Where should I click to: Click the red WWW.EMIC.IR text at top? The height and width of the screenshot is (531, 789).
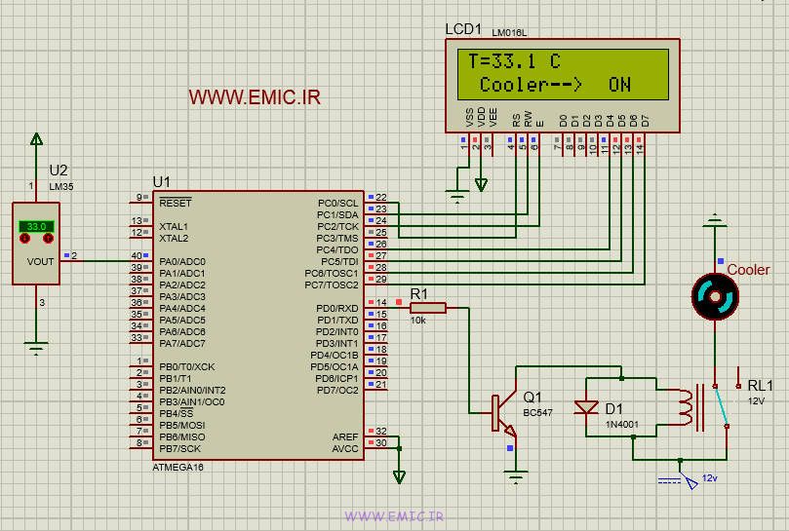[255, 97]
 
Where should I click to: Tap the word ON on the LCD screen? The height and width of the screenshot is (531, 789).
[619, 85]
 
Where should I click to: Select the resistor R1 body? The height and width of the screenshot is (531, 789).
[428, 308]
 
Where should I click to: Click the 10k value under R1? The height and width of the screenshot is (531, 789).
[417, 321]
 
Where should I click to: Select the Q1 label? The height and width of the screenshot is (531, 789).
[533, 398]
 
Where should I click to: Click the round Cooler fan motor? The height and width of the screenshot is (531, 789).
[716, 295]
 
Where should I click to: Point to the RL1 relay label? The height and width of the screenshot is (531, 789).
[761, 385]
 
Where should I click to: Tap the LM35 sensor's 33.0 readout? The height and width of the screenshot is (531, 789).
[36, 226]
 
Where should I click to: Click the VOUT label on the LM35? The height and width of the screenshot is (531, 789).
[41, 261]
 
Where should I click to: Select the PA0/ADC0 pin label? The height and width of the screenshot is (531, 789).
[182, 261]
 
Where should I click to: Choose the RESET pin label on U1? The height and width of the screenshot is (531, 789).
[176, 203]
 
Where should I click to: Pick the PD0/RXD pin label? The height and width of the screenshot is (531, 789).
[337, 308]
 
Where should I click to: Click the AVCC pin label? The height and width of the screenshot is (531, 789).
[345, 449]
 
